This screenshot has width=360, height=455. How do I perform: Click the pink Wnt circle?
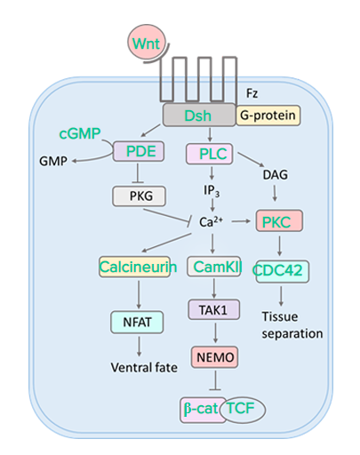(147, 43)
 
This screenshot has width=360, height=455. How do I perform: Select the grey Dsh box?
(199, 115)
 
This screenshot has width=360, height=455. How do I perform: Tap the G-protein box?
(268, 116)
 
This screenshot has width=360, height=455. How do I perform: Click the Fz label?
(252, 93)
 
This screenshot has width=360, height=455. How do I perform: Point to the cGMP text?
(80, 133)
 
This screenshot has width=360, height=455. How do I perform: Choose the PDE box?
(139, 151)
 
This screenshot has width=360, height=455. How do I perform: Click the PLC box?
(210, 154)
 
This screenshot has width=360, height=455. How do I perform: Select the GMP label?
(53, 161)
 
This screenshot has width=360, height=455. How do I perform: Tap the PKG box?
(139, 196)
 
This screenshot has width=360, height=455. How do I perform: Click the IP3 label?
(212, 191)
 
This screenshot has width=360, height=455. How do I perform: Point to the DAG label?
(275, 175)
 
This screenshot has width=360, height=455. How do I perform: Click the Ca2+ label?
(211, 222)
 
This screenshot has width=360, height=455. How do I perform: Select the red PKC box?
(279, 221)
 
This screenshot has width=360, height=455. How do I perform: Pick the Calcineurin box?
(135, 267)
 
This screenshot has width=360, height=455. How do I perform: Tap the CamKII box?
(214, 267)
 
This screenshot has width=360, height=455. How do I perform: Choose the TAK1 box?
(214, 310)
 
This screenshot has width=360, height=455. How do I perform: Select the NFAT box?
(137, 323)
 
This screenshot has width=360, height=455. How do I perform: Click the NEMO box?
(215, 357)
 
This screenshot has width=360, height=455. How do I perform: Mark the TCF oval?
(243, 410)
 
